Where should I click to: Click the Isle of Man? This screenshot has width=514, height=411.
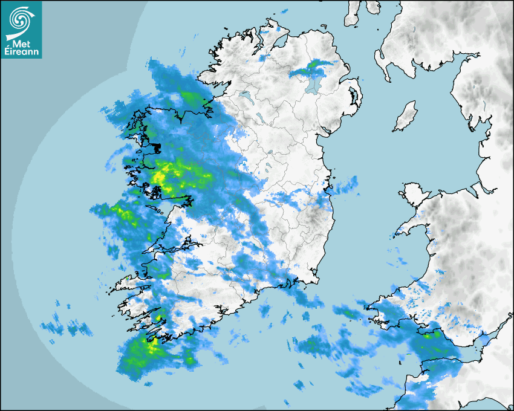point(406,117)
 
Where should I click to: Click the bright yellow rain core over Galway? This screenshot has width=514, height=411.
point(158,177)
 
